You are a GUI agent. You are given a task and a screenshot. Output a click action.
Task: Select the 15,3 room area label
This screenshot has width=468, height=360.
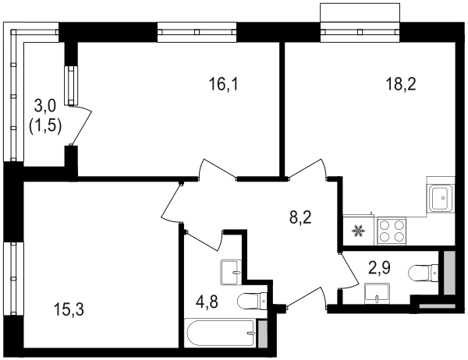(x=69, y=309)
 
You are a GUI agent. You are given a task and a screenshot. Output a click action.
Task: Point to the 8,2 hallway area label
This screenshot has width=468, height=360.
(x=300, y=218)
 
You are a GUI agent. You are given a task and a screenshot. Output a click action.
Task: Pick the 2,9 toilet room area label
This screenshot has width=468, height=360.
(x=380, y=268)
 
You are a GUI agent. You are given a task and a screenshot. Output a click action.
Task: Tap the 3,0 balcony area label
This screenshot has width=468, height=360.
(x=45, y=106)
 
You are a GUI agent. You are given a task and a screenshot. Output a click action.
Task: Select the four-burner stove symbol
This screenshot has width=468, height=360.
(x=392, y=231)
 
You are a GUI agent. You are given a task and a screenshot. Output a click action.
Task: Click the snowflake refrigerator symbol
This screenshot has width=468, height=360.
(x=357, y=231)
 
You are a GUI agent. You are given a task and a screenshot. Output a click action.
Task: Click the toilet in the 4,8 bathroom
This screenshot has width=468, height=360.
(x=252, y=301)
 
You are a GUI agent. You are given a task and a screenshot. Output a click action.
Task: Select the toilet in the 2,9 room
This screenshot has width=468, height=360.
(x=424, y=273)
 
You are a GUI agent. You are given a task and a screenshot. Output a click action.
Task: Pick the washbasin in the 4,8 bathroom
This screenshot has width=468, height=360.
(x=230, y=272)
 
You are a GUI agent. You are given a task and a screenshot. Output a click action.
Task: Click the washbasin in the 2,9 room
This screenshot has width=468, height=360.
(x=377, y=294)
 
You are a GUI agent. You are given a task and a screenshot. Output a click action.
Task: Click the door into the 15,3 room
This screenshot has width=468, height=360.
(x=172, y=203)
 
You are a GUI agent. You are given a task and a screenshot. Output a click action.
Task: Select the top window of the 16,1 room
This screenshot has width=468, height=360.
(x=197, y=32)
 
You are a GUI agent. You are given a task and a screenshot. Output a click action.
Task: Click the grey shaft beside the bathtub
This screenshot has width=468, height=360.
(x=262, y=334)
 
